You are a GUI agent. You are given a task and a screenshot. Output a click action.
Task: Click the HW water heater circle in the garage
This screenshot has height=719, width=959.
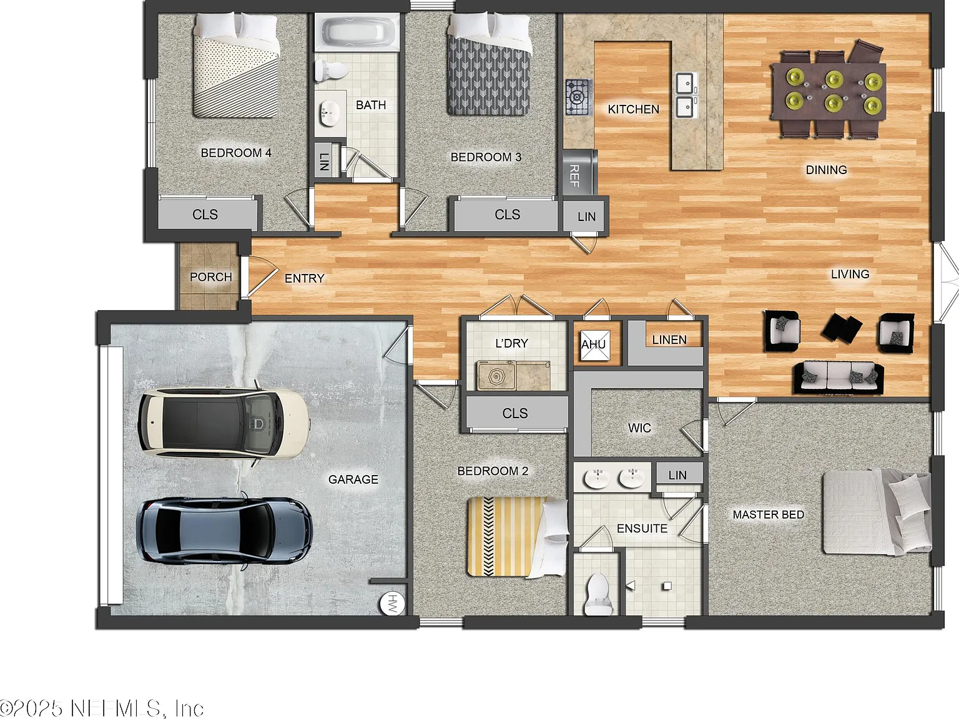coord(392,604)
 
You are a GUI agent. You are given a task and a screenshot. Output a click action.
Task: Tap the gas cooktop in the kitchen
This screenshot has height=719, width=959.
coord(578,97)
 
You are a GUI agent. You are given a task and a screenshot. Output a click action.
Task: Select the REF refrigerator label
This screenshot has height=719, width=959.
coord(574,175)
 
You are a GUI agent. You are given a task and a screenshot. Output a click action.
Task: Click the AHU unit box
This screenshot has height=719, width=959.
coord(594,345)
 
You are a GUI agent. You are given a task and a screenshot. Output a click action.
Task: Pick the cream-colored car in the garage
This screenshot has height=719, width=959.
coord(224,423)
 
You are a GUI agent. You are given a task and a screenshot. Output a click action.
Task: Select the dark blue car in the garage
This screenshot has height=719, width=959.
coord(224,531)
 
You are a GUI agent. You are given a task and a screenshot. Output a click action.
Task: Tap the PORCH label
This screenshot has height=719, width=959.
coord(210,276)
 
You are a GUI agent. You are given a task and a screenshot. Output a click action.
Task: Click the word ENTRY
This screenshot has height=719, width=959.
coord(305,278)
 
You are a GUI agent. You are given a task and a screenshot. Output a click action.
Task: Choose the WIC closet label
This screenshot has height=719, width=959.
coord(639,428)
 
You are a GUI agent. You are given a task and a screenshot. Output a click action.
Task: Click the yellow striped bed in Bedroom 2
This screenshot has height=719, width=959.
coord(518,537)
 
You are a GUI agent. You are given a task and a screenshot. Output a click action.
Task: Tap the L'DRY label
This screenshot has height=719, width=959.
coord(511,343)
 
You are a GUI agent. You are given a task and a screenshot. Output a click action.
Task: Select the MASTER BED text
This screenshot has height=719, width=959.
coord(768,515)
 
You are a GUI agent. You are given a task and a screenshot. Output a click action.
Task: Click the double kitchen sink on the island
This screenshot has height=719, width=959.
coord(685,95)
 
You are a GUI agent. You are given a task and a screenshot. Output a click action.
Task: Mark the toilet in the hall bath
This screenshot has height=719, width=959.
coord(331,70)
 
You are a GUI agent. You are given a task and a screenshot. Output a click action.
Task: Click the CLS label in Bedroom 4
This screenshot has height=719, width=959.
coord(205,214)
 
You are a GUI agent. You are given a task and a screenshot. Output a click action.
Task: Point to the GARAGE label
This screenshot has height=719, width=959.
coord(353,479)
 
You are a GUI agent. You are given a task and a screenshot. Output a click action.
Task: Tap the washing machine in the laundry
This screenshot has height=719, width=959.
coord(496,375)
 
